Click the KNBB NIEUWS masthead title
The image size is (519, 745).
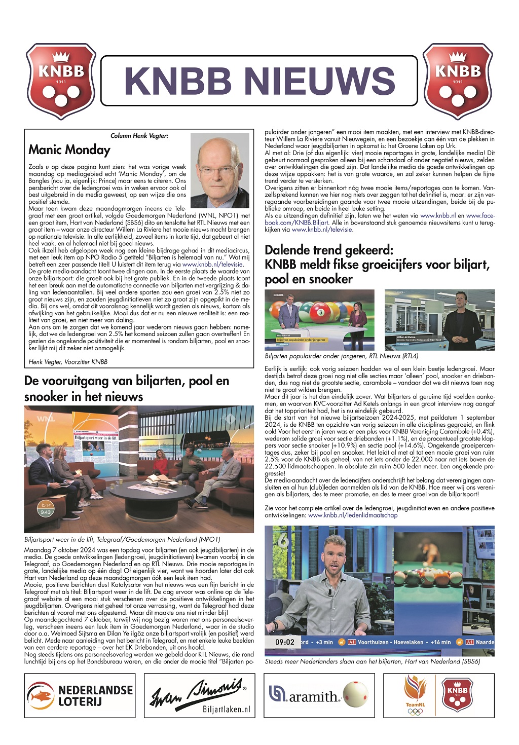tap(259, 81)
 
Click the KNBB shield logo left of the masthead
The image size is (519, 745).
tap(61, 81)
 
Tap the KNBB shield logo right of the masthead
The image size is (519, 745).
tap(458, 81)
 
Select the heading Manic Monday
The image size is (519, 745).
tap(69, 150)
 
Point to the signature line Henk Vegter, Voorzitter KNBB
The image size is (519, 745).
tap(68, 362)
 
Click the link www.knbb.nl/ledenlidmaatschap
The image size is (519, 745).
tap(353, 515)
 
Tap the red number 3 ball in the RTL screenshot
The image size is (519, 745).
tap(320, 313)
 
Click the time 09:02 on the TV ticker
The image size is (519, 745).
tap(285, 642)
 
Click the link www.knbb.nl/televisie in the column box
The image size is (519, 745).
tap(213, 264)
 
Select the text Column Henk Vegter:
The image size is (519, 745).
tap(139, 136)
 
